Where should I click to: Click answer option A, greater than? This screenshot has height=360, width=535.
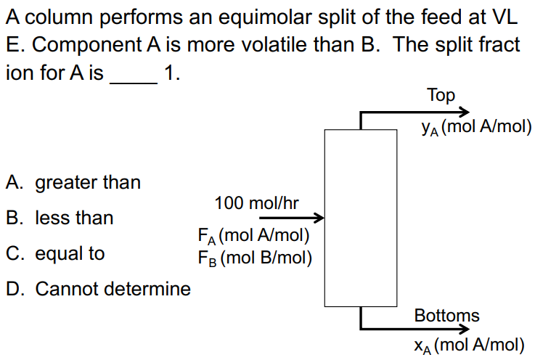click(x=73, y=182)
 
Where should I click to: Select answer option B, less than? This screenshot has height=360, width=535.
click(x=60, y=218)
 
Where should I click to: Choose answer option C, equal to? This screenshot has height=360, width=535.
click(x=55, y=253)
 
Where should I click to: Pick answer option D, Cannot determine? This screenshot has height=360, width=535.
click(x=98, y=289)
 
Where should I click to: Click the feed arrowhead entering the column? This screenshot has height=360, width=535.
click(x=317, y=217)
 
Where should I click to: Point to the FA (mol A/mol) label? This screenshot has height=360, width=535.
click(x=254, y=236)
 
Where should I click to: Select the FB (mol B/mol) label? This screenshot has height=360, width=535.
click(x=254, y=256)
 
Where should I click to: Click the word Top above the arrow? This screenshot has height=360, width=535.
click(x=441, y=95)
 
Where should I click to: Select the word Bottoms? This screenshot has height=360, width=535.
click(x=446, y=316)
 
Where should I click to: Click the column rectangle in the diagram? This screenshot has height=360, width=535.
click(x=360, y=218)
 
